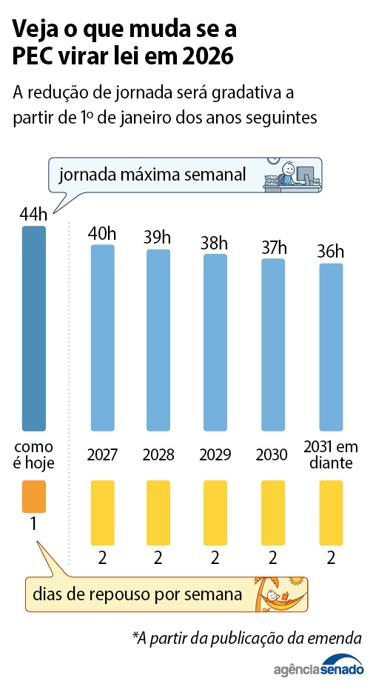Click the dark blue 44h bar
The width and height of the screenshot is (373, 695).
(33, 328)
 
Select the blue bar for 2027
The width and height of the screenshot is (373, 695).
(102, 338)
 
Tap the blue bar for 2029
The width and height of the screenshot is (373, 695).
(215, 342)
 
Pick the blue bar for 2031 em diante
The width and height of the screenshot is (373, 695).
(331, 346)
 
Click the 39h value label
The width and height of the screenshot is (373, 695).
(157, 238)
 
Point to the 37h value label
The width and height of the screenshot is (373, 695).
(274, 247)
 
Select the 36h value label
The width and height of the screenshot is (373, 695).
(331, 252)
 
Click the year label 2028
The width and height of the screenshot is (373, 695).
(158, 454)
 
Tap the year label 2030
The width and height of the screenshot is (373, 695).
(272, 454)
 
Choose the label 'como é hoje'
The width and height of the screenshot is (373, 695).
(34, 454)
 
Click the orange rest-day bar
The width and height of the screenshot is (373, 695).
(34, 497)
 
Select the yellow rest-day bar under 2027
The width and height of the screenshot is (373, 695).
(102, 512)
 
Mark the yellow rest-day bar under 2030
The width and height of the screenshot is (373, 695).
(273, 512)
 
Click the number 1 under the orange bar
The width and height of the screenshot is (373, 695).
(33, 524)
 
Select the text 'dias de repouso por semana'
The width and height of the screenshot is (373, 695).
(137, 594)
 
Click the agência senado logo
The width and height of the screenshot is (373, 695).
(318, 668)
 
